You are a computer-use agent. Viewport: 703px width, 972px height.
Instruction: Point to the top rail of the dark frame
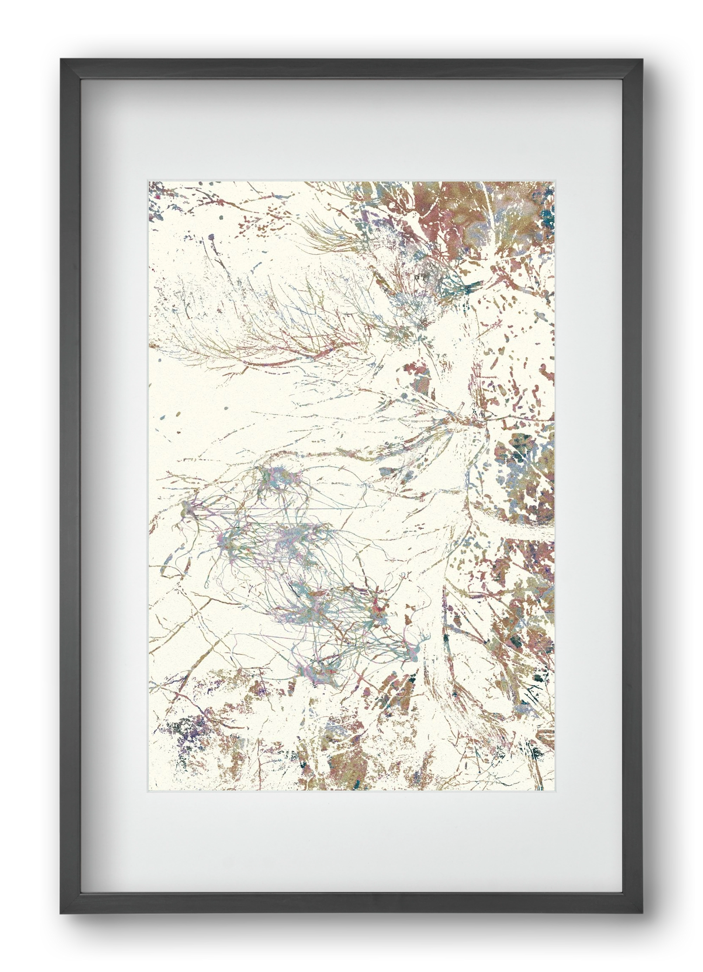click(351, 69)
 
